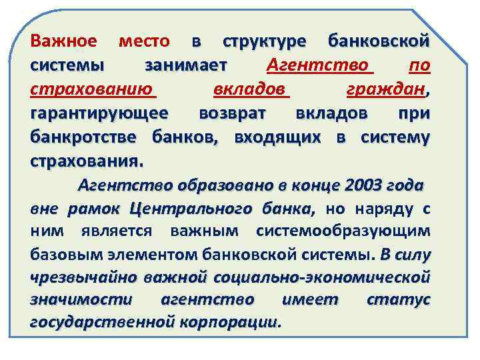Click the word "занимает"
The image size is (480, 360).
click(186, 66)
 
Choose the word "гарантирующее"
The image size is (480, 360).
click(99, 114)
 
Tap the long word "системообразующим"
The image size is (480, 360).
click(343, 231)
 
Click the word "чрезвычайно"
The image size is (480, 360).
click(75, 277)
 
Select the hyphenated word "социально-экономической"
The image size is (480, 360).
click(320, 277)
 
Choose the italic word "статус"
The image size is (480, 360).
click(399, 300)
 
